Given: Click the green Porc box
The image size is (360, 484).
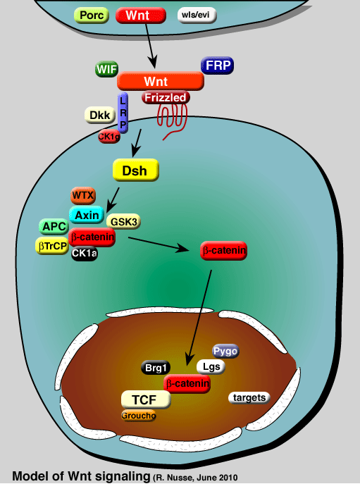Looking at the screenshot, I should pyautogui.click(x=92, y=15).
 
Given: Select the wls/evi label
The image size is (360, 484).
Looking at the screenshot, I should pyautogui.click(x=197, y=15).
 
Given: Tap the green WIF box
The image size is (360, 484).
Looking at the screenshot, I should pyautogui.click(x=106, y=69).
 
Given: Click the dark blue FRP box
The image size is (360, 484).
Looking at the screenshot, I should pyautogui.click(x=217, y=66).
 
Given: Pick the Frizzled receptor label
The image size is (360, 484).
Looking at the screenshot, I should pyautogui.click(x=166, y=97).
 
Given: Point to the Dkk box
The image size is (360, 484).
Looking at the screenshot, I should pyautogui.click(x=97, y=116).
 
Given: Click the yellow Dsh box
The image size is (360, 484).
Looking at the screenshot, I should pyautogui.click(x=135, y=170).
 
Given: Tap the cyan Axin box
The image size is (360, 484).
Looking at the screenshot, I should pyautogui.click(x=87, y=216).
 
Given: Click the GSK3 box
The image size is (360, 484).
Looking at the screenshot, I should pyautogui.click(x=123, y=222).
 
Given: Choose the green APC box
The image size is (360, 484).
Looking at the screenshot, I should pyautogui.click(x=54, y=227).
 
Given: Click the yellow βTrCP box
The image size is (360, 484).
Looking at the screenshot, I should pyautogui.click(x=51, y=245).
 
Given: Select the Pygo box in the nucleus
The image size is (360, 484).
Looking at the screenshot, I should pyautogui.click(x=225, y=350).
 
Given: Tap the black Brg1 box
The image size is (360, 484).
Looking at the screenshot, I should pyautogui.click(x=154, y=367).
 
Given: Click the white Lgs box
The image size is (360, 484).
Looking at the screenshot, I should pyautogui.click(x=210, y=366).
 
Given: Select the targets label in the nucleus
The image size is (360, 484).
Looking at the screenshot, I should pyautogui.click(x=249, y=398).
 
